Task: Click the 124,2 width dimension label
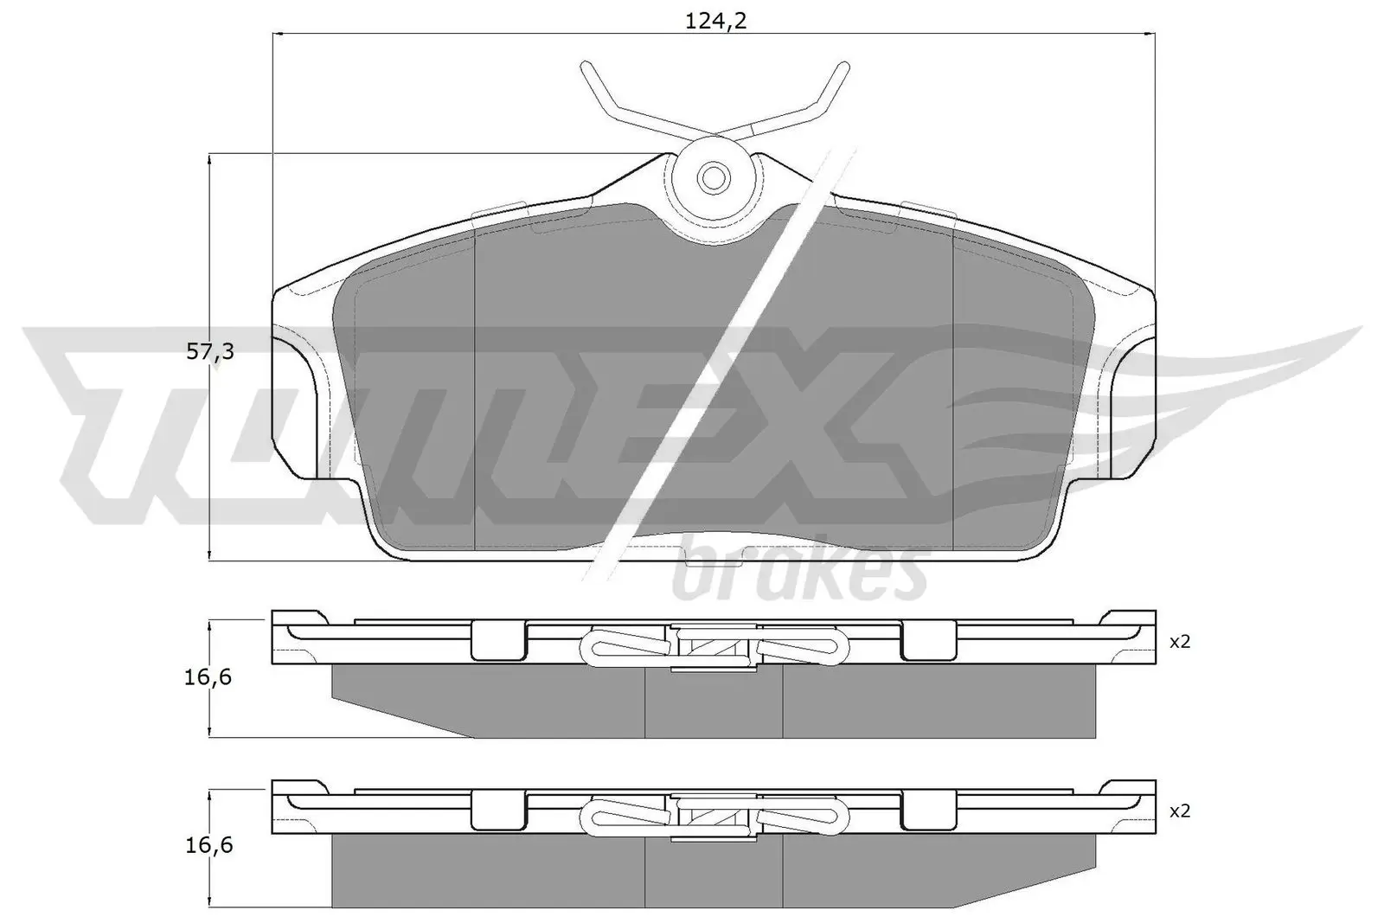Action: [715, 22]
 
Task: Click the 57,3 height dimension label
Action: [211, 351]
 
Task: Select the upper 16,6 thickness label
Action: [208, 677]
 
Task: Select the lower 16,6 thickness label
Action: [208, 845]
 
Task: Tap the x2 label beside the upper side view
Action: [1180, 642]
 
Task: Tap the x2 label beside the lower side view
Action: [1180, 811]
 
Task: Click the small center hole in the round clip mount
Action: [714, 178]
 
